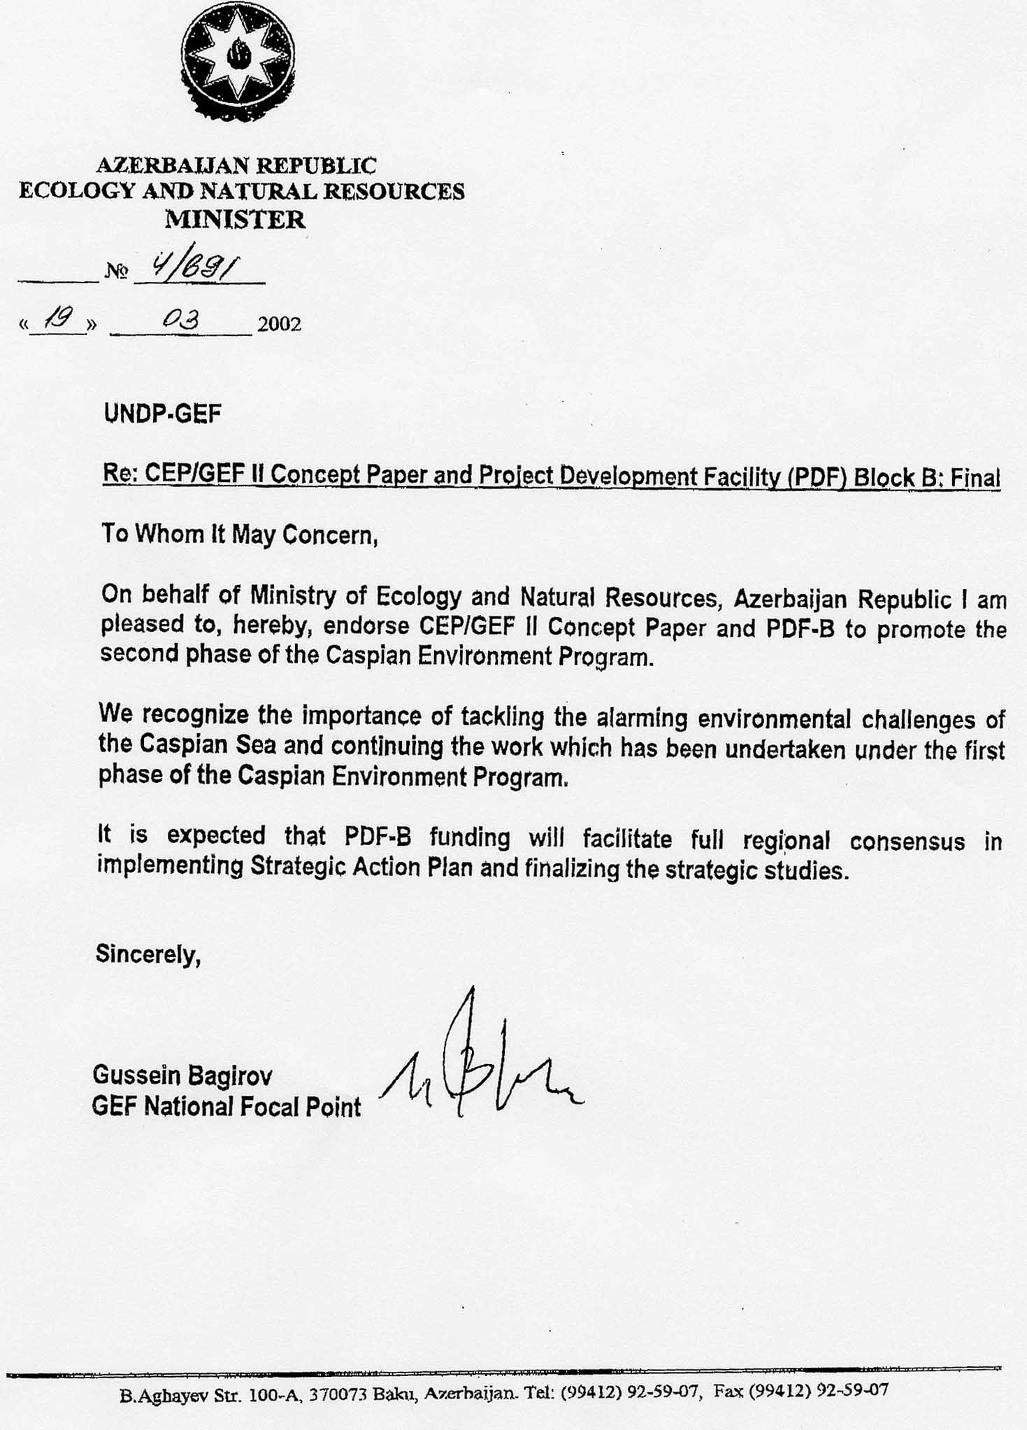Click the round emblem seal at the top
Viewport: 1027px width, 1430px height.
point(238,61)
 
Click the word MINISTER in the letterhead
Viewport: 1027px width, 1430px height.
point(236,220)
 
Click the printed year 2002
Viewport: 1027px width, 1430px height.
point(279,325)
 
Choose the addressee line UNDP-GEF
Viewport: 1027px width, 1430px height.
point(162,413)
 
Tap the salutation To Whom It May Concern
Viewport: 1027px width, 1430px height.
point(240,535)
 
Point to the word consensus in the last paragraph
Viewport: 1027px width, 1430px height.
point(907,841)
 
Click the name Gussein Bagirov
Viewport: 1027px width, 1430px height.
point(182,1075)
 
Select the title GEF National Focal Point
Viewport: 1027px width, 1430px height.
point(227,1107)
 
